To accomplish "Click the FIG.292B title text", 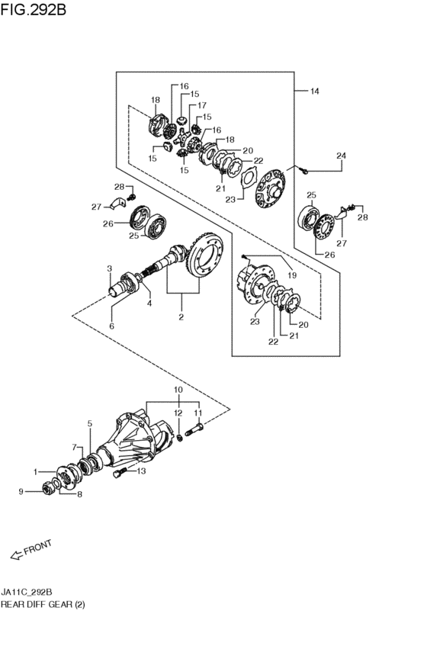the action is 33,9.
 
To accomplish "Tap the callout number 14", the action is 314,91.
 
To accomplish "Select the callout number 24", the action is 341,156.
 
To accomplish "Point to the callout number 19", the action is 292,275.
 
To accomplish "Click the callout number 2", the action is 181,317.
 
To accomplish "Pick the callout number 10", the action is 178,390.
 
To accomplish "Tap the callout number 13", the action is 142,471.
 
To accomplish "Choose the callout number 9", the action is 21,492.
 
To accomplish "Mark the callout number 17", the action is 201,105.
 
